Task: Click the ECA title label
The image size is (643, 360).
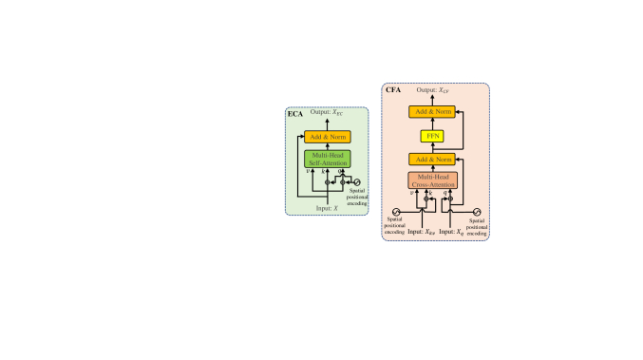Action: pyautogui.click(x=296, y=115)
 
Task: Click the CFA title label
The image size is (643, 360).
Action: pyautogui.click(x=392, y=90)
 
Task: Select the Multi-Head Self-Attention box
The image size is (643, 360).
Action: pyautogui.click(x=327, y=158)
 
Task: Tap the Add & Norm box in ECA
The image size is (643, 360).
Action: pyautogui.click(x=327, y=136)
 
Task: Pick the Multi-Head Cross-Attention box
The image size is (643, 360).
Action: pyautogui.click(x=433, y=180)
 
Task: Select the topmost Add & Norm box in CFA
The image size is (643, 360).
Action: pyautogui.click(x=433, y=112)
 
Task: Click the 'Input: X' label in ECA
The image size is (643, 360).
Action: pyautogui.click(x=327, y=206)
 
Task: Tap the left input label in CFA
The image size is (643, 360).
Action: pyautogui.click(x=413, y=231)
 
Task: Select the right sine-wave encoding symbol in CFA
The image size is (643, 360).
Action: pyautogui.click(x=478, y=212)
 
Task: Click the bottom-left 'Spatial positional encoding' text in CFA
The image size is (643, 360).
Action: pyautogui.click(x=395, y=227)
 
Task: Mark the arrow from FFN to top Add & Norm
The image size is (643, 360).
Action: pyautogui.click(x=433, y=123)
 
